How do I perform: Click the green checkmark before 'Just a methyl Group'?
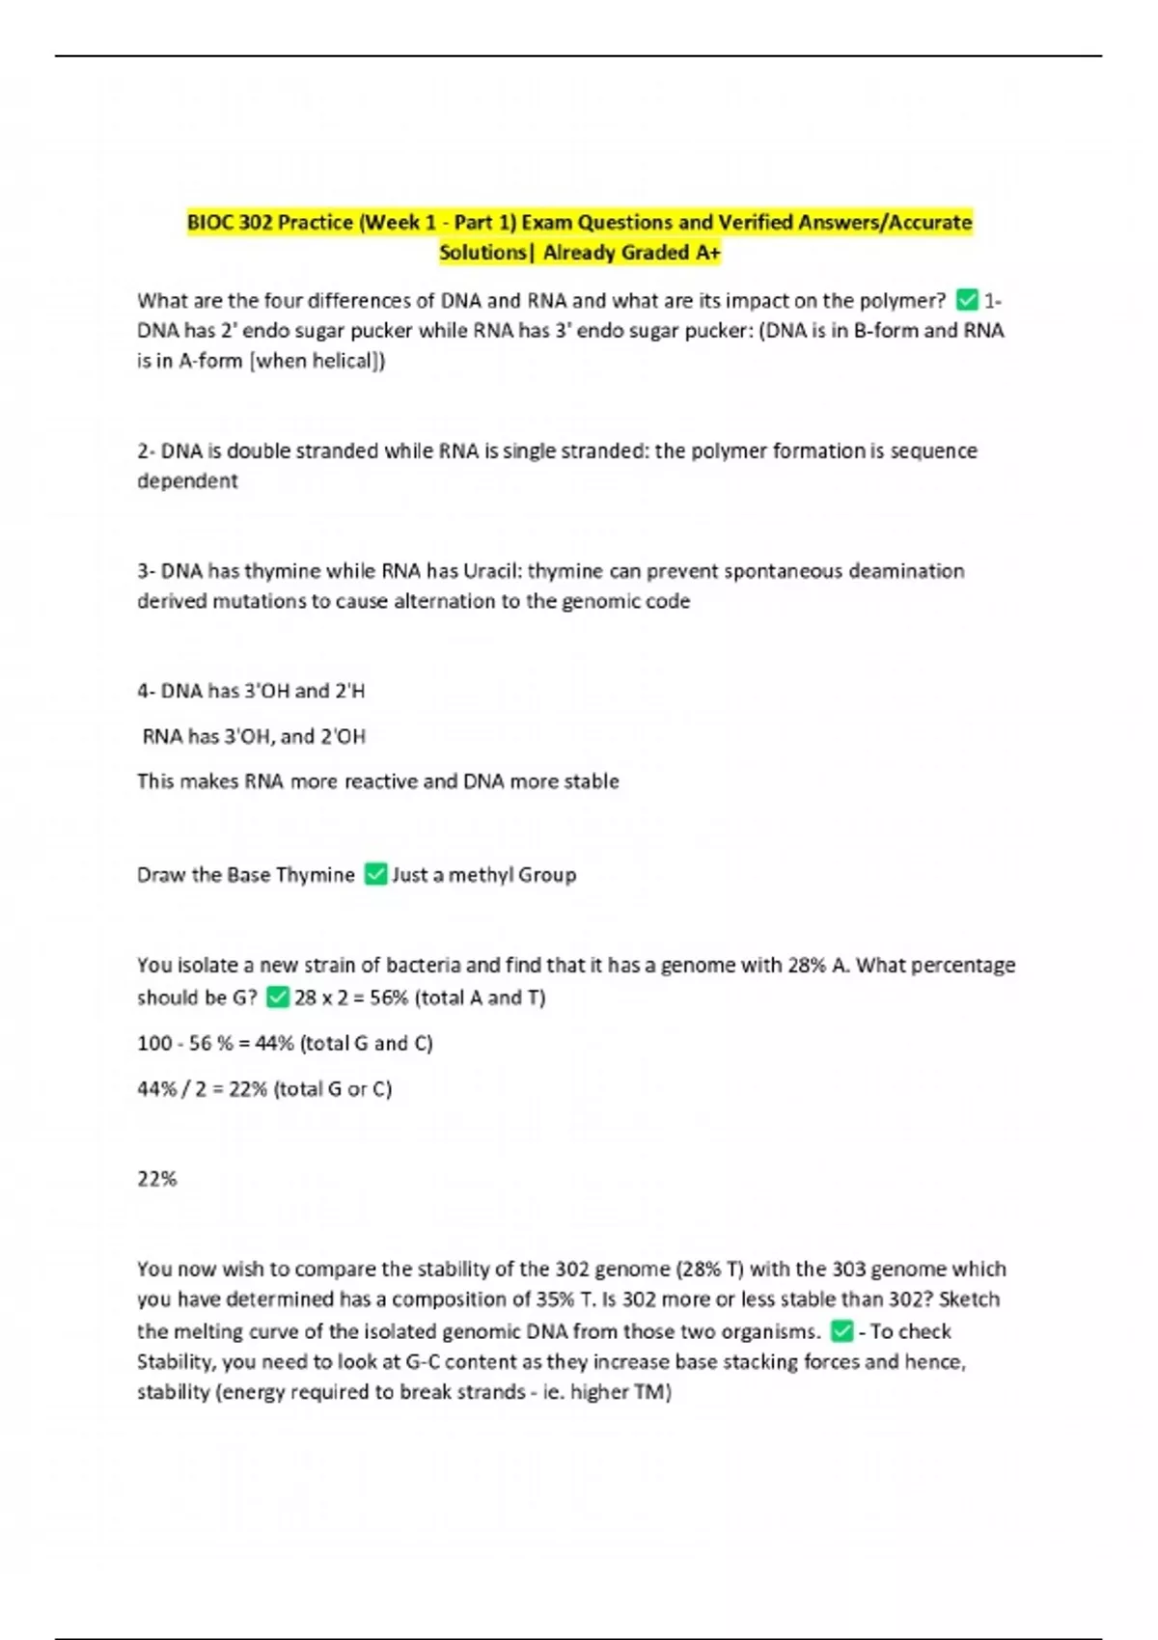[x=375, y=874]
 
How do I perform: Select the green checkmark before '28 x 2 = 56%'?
[x=278, y=998]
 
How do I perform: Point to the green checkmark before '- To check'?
[x=841, y=1331]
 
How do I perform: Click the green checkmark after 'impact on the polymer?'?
[x=967, y=300]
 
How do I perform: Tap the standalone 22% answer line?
[x=157, y=1179]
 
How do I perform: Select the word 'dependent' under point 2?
[x=187, y=481]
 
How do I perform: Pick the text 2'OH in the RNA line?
[x=343, y=737]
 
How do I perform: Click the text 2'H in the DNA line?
[x=350, y=692]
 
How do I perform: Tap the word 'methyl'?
[x=481, y=875]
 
